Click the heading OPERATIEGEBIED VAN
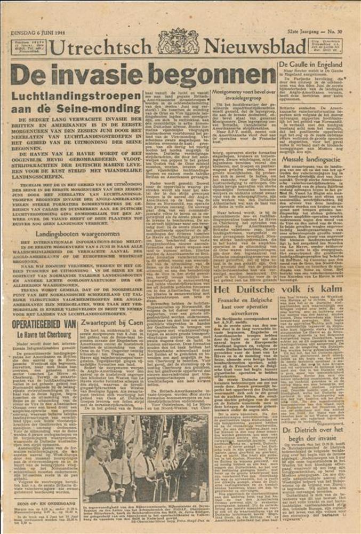pos(44,324)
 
